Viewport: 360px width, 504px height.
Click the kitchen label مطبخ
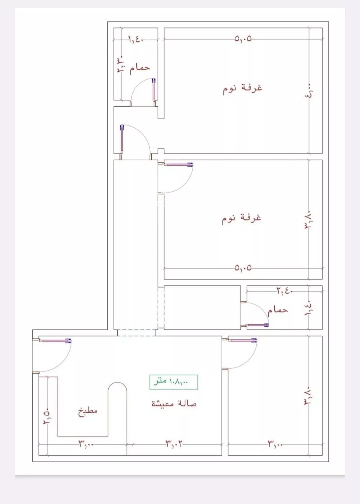click(88, 411)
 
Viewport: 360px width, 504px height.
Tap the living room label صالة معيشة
click(174, 403)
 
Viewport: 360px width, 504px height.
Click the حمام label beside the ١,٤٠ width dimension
click(140, 67)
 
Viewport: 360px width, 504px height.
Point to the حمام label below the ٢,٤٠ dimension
click(278, 310)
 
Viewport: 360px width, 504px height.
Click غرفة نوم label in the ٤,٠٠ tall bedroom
click(242, 88)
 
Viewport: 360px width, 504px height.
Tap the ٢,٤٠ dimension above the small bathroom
click(285, 290)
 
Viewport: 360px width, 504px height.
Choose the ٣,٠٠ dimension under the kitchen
click(86, 444)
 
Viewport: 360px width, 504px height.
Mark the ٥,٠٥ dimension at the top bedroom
click(243, 38)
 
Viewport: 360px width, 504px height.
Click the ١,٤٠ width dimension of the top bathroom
click(136, 39)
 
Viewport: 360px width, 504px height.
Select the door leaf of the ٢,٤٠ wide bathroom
click(257, 325)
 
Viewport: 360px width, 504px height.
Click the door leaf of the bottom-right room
click(242, 340)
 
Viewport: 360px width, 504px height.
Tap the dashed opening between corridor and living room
click(136, 333)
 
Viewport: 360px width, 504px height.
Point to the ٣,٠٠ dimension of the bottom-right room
click(275, 444)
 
